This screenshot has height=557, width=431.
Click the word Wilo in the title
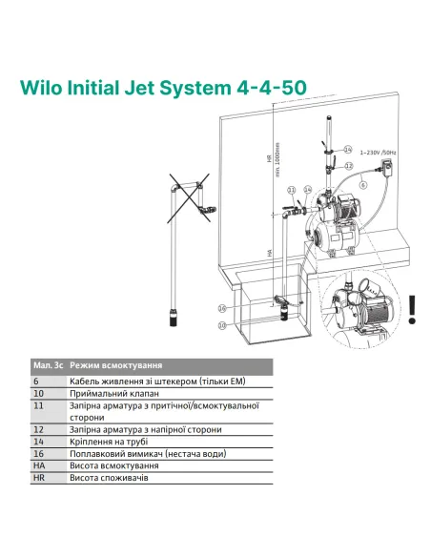45,86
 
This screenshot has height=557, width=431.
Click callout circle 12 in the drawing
347,166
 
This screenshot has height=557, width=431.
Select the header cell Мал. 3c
47,365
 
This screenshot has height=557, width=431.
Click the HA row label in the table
39,465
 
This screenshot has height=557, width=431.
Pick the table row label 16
38,454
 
